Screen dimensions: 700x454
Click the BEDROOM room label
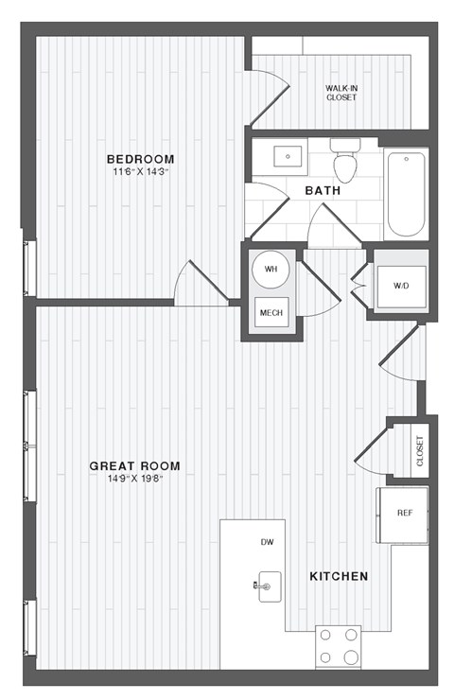(140, 159)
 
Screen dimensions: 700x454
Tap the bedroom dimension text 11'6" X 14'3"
(140, 172)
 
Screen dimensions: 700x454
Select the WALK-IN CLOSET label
(341, 92)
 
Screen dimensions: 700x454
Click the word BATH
(323, 191)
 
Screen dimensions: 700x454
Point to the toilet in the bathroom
(345, 161)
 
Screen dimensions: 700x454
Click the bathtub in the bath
(407, 195)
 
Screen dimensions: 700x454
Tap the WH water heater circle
(271, 270)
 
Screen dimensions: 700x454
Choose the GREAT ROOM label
(134, 465)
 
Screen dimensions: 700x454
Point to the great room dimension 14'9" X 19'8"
(134, 479)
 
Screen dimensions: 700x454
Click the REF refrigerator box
(404, 514)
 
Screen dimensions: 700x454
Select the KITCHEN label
(339, 575)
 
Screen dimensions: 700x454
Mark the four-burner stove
(340, 647)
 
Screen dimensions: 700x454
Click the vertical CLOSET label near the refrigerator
(420, 450)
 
